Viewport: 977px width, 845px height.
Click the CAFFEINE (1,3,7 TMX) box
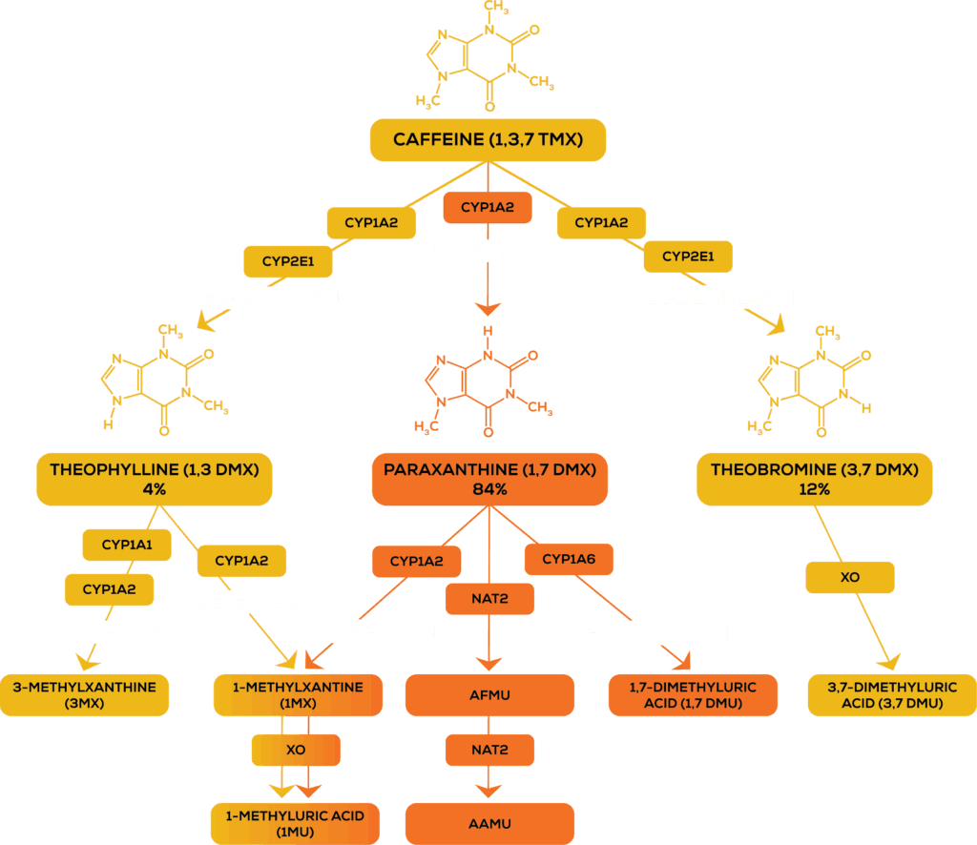coord(488,140)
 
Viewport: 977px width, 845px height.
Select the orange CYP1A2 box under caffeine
coord(489,207)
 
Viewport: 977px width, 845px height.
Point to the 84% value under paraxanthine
coord(489,489)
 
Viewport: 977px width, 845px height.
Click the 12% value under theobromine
coord(814,489)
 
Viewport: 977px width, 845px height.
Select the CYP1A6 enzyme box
coord(569,559)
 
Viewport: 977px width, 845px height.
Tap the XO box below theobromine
coord(850,577)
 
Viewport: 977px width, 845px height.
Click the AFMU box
coord(489,695)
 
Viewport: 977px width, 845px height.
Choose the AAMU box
coord(489,823)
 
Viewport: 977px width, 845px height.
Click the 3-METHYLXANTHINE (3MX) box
coord(85,695)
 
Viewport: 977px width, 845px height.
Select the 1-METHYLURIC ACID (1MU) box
coord(295,823)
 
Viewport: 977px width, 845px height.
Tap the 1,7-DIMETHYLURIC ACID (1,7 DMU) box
coord(693,695)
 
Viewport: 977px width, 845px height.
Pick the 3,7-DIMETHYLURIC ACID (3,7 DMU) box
coord(892,695)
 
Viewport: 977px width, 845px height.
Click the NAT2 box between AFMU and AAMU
coord(489,750)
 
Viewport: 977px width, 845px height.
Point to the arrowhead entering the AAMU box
coord(489,792)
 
